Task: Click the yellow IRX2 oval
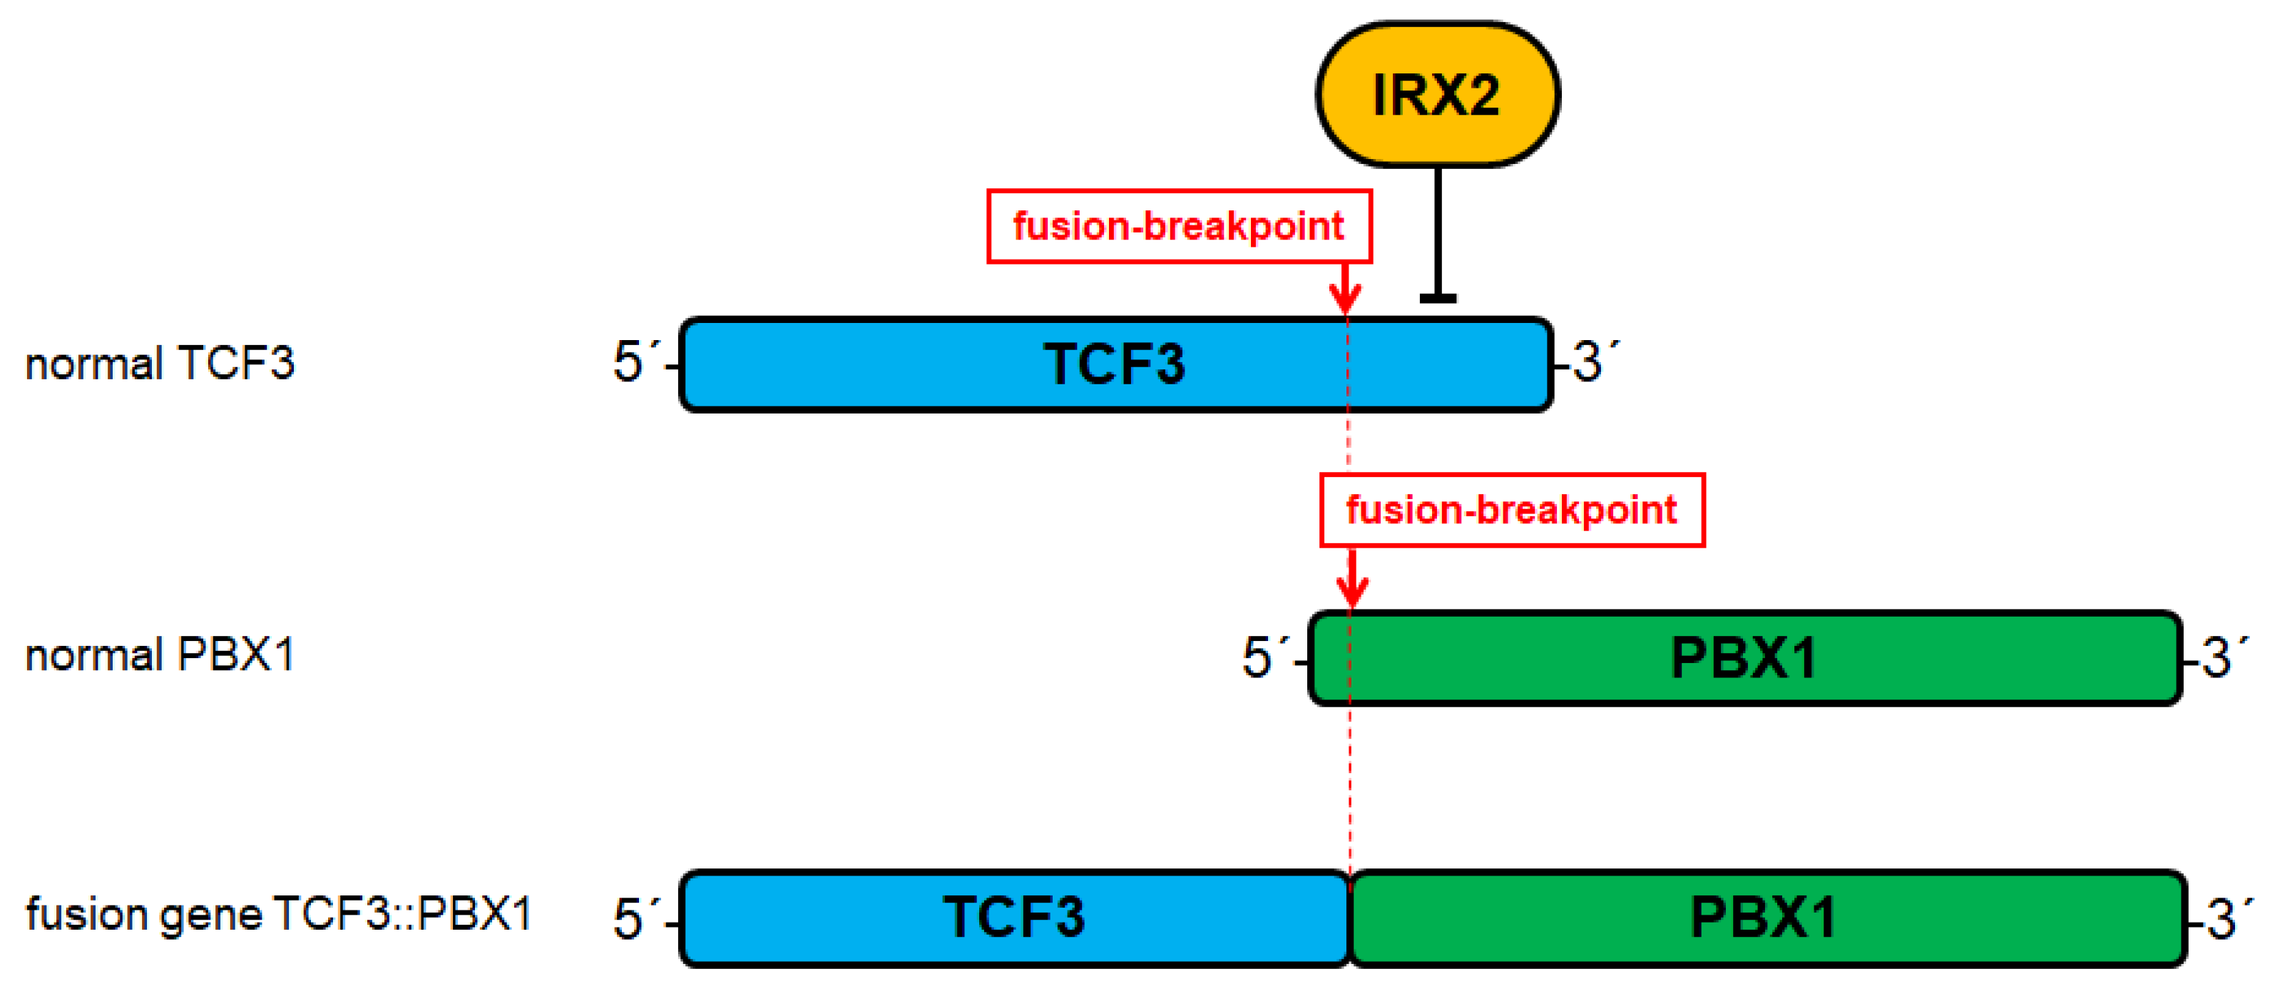(1437, 95)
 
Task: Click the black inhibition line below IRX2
(1438, 234)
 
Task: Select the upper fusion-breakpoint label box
(1178, 226)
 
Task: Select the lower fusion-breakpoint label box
(1511, 510)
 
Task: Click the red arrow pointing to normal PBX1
(1352, 578)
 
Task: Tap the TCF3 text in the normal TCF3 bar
(1115, 364)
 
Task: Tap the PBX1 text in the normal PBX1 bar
(1744, 658)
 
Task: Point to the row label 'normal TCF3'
(160, 363)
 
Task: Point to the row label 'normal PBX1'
(160, 655)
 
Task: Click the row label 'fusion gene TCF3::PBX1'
(278, 913)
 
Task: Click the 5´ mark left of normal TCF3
(634, 361)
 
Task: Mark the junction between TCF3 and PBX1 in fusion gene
(1350, 918)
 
